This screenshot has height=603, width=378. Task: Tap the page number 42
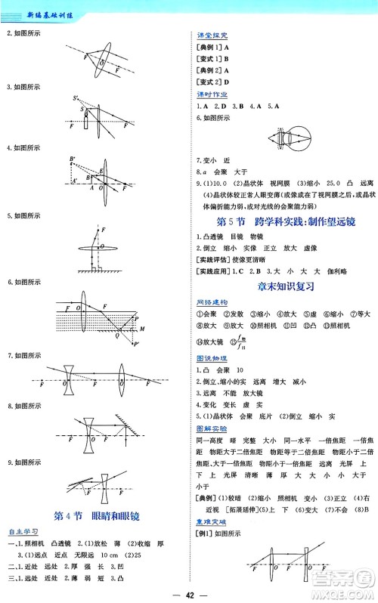[190, 594]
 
